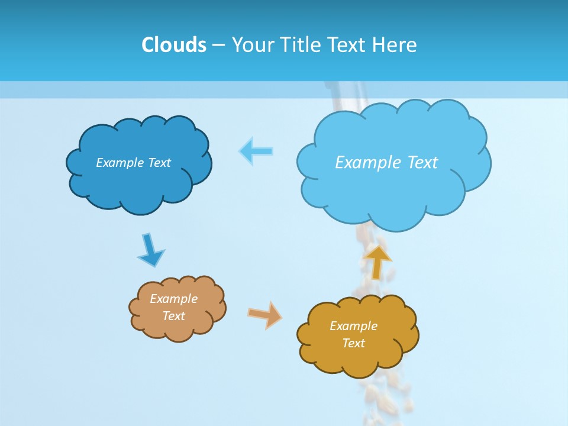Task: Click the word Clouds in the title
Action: pyautogui.click(x=174, y=44)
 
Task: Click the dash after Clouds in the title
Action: pyautogui.click(x=218, y=45)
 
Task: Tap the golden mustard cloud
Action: pyautogui.click(x=358, y=358)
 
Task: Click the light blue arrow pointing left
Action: pyautogui.click(x=256, y=151)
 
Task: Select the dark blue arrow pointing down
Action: pyautogui.click(x=150, y=250)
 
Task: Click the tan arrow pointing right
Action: pyautogui.click(x=265, y=315)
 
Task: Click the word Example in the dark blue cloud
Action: pyautogui.click(x=120, y=163)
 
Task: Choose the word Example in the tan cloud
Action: pyautogui.click(x=173, y=299)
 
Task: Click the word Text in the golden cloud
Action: pyautogui.click(x=353, y=343)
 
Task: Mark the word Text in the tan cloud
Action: pyautogui.click(x=173, y=316)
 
